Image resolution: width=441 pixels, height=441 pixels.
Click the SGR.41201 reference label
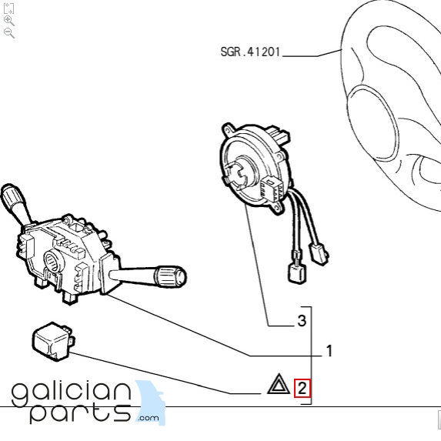pyautogui.click(x=250, y=52)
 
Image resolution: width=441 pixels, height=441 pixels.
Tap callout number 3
pyautogui.click(x=302, y=321)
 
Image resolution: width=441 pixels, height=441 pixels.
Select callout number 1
pyautogui.click(x=329, y=351)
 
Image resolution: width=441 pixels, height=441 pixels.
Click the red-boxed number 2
pyautogui.click(x=302, y=389)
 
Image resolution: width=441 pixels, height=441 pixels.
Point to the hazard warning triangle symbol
pyautogui.click(x=279, y=384)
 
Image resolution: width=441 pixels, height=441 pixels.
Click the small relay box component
pyautogui.click(x=53, y=341)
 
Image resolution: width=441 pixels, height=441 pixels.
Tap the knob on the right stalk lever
pyautogui.click(x=171, y=276)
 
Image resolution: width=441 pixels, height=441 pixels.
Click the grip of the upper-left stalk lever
pyautogui.click(x=12, y=198)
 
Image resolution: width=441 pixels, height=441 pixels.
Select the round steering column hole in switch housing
pyautogui.click(x=53, y=262)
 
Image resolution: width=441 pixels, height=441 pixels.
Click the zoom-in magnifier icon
pyautogui.click(x=8, y=21)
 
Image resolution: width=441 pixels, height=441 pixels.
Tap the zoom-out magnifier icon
pyautogui.click(x=8, y=33)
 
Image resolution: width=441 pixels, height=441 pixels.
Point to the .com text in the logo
pyautogui.click(x=149, y=418)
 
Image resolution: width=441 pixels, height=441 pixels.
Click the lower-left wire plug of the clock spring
pyautogui.click(x=297, y=271)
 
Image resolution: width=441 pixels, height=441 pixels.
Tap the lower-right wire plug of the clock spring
pyautogui.click(x=319, y=254)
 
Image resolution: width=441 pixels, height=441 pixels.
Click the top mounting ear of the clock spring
pyautogui.click(x=229, y=129)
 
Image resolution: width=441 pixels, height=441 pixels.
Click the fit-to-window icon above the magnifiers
pyautogui.click(x=8, y=8)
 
